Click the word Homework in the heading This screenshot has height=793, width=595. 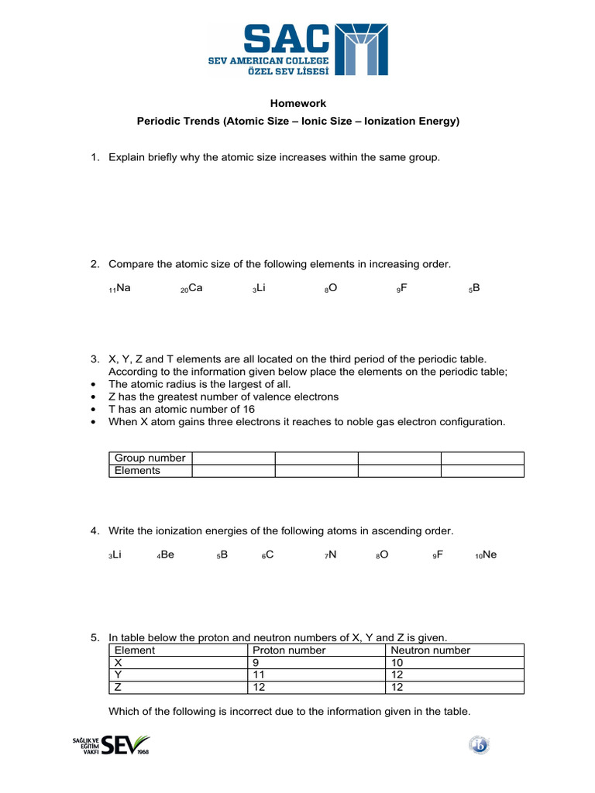pyautogui.click(x=298, y=103)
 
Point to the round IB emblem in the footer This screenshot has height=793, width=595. pyautogui.click(x=479, y=746)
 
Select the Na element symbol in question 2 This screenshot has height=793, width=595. pyautogui.click(x=119, y=288)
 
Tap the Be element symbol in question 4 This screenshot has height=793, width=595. pyautogui.click(x=167, y=555)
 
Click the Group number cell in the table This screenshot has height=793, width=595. pyautogui.click(x=150, y=458)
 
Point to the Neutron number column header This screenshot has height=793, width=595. pyautogui.click(x=431, y=651)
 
